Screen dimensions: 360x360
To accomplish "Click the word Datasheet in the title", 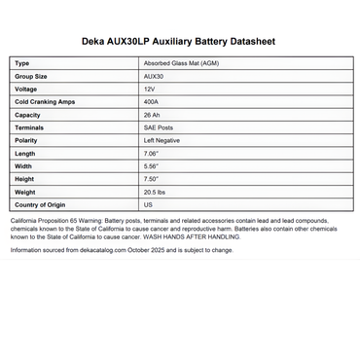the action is click(x=268, y=43).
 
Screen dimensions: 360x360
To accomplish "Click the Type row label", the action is click(x=22, y=63).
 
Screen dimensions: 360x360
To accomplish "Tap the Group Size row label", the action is click(x=32, y=76).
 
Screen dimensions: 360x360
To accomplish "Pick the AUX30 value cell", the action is click(x=154, y=76).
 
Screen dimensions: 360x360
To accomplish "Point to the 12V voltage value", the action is click(x=149, y=90).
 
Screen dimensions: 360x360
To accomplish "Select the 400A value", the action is click(x=151, y=102).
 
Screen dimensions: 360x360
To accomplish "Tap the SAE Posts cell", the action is click(x=159, y=127).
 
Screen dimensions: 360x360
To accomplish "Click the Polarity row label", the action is click(x=27, y=141).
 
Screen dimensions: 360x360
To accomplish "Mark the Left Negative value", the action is click(x=162, y=141).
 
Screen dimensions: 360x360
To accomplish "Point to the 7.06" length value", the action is click(x=151, y=154).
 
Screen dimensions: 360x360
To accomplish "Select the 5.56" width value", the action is click(x=151, y=166).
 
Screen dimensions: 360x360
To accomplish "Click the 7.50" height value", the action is click(x=151, y=179).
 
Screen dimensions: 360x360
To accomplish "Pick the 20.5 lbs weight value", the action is click(x=155, y=193).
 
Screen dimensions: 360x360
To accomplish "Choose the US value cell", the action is click(x=148, y=205).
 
